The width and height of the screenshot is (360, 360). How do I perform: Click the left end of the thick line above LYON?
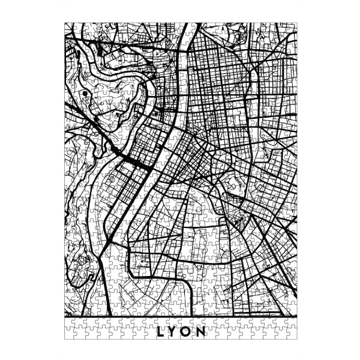[x=65, y=316]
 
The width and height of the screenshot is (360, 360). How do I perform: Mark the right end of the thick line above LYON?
[x=296, y=316]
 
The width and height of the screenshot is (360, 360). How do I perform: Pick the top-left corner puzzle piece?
[x=68, y=27]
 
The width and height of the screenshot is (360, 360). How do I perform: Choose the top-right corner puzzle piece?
[x=292, y=27]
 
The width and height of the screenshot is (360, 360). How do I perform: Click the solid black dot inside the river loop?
[x=88, y=94]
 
